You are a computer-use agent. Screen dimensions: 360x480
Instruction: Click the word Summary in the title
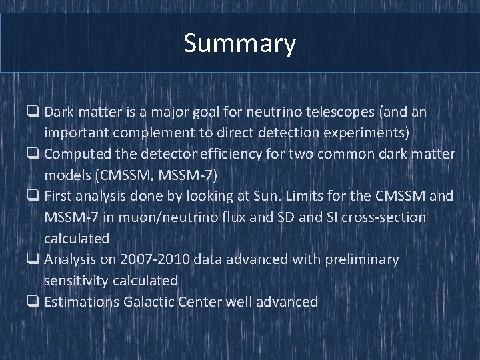(240, 44)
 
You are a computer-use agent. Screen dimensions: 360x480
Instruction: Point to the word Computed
(78, 155)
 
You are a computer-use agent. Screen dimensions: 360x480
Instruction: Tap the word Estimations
(82, 301)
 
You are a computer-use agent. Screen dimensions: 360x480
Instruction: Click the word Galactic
(149, 301)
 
